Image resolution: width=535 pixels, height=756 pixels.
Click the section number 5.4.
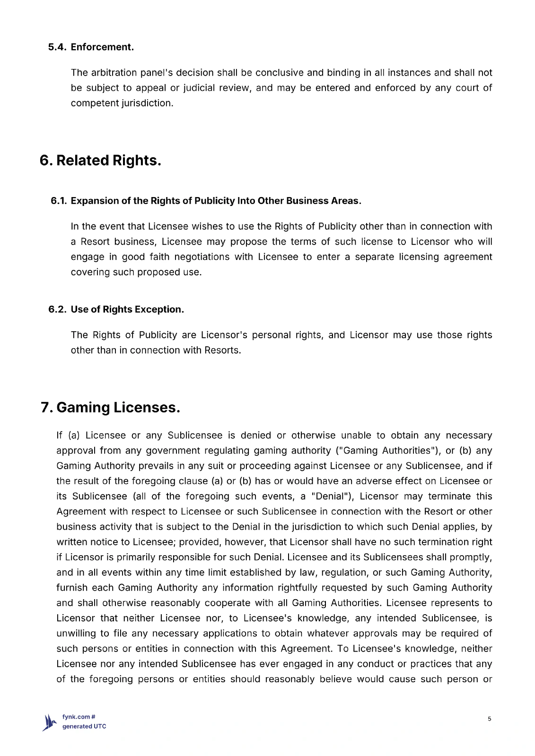pyautogui.click(x=57, y=47)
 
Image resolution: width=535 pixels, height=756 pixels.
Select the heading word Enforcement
pyautogui.click(x=102, y=47)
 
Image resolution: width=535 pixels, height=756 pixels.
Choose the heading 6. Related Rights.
pyautogui.click(x=100, y=161)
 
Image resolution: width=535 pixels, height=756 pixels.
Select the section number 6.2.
pyautogui.click(x=57, y=309)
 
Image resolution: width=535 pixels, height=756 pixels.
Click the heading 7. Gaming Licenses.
pyautogui.click(x=111, y=407)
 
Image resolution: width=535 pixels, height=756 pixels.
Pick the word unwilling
pyautogui.click(x=75, y=634)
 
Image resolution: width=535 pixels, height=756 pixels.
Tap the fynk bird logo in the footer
pyautogui.click(x=50, y=722)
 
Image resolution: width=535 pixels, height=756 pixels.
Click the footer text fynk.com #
pyautogui.click(x=79, y=717)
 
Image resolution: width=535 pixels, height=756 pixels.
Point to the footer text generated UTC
pyautogui.click(x=84, y=727)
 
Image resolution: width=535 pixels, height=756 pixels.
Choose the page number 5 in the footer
pyautogui.click(x=490, y=719)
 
